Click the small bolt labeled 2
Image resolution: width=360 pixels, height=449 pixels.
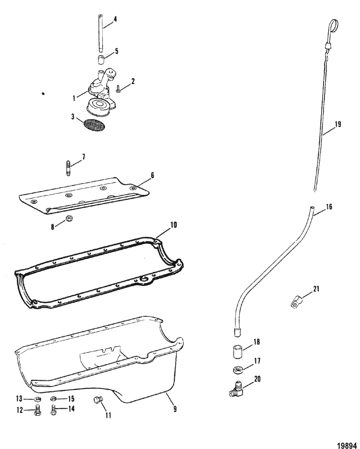118,88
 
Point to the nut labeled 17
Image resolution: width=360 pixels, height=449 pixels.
236,370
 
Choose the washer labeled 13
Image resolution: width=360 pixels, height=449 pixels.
36,400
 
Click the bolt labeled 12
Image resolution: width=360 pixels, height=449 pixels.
36,411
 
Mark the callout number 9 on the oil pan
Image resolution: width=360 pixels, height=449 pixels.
175,410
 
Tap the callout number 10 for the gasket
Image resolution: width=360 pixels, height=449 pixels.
173,225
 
